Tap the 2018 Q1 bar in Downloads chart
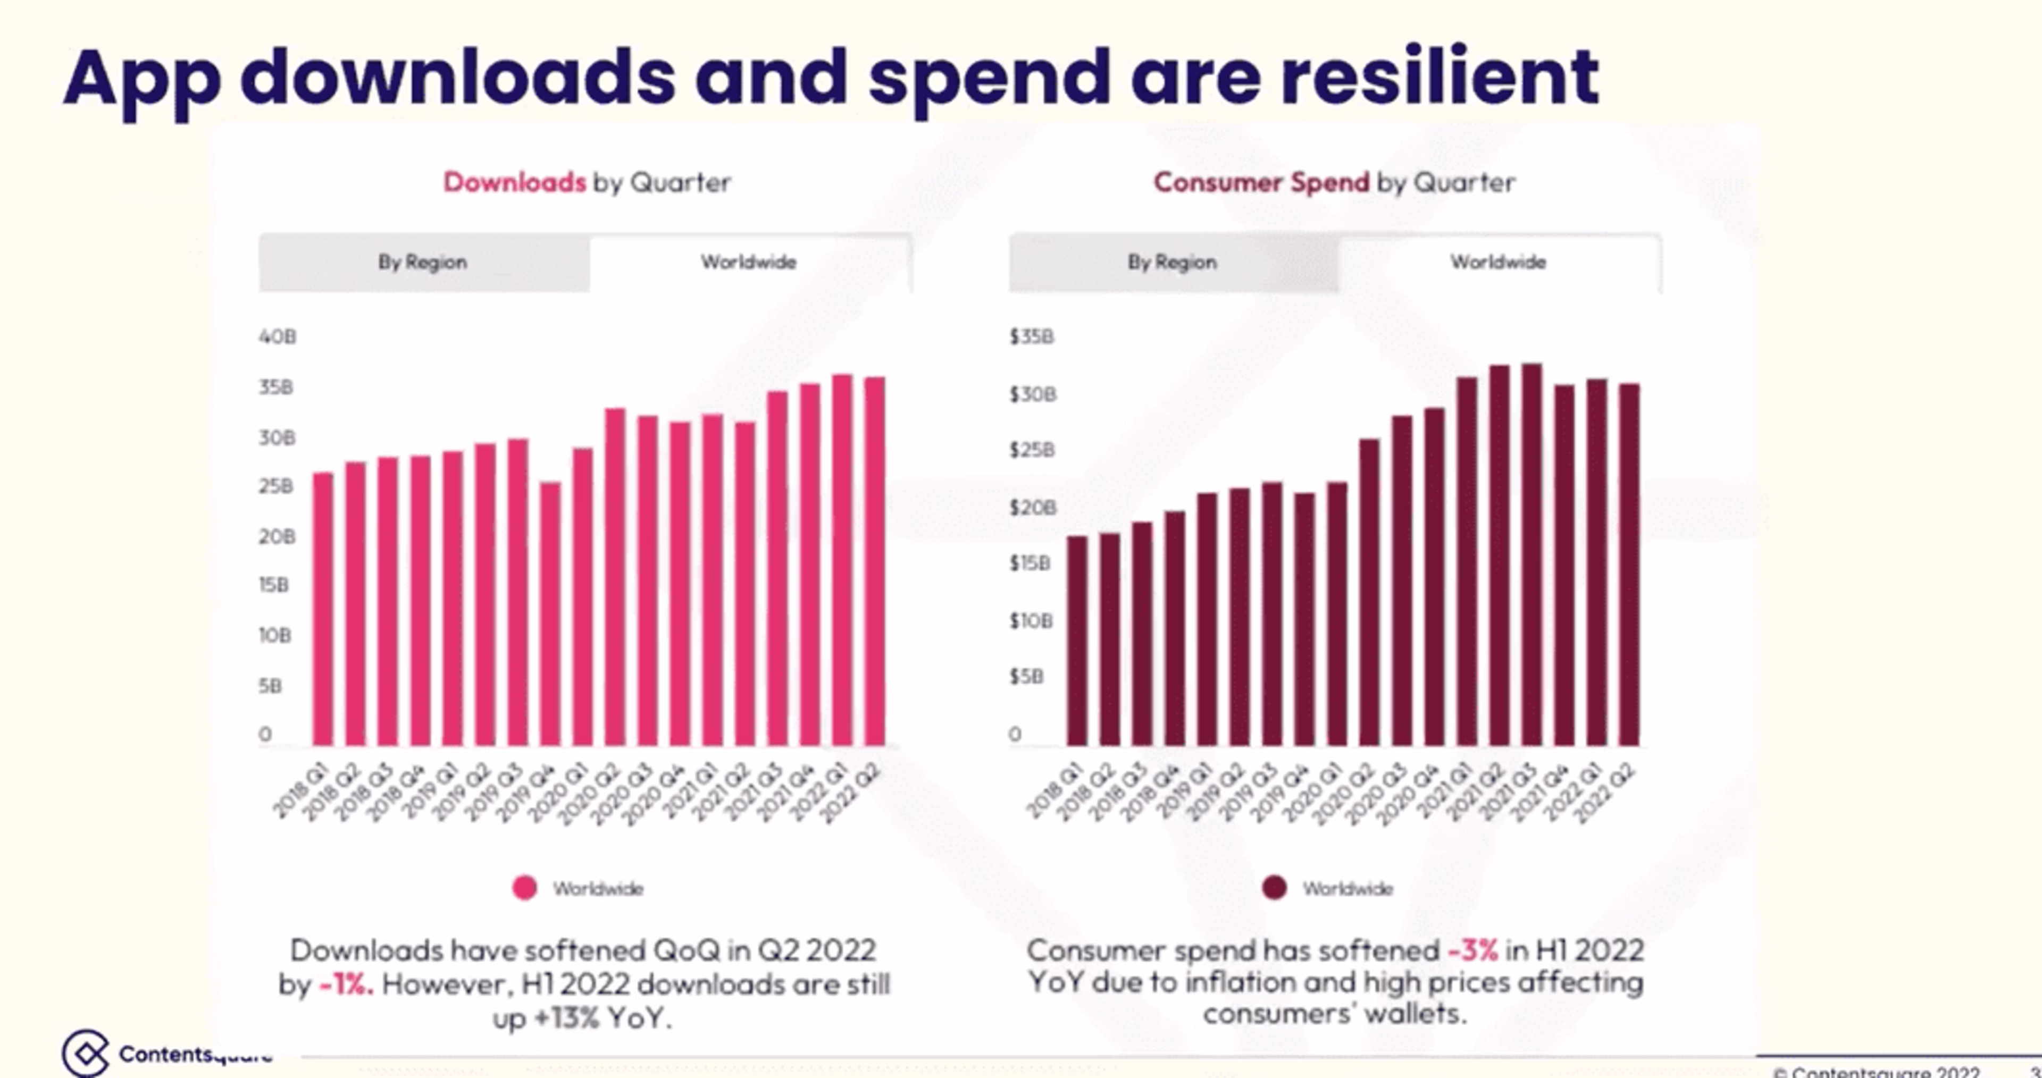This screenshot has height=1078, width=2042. pyautogui.click(x=323, y=609)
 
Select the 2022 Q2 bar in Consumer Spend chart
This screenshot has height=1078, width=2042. pyautogui.click(x=1629, y=565)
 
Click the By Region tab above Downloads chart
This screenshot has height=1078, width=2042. pyautogui.click(x=423, y=263)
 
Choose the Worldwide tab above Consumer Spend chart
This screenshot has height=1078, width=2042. pyautogui.click(x=1498, y=263)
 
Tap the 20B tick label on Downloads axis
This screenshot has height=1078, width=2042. pyautogui.click(x=277, y=537)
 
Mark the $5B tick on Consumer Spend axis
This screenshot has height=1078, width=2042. pyautogui.click(x=1026, y=677)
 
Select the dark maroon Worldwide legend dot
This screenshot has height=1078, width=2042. pyautogui.click(x=1275, y=888)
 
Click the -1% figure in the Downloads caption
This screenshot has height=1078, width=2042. pyautogui.click(x=346, y=984)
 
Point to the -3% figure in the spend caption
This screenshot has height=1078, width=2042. pyautogui.click(x=1473, y=949)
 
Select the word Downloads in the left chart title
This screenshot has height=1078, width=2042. pyautogui.click(x=514, y=182)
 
